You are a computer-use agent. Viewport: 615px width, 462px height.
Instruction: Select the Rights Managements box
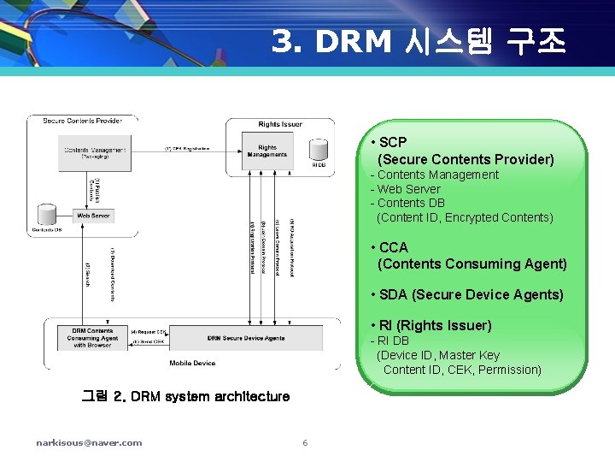pyautogui.click(x=267, y=151)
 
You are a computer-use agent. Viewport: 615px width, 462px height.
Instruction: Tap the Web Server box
pyautogui.click(x=94, y=216)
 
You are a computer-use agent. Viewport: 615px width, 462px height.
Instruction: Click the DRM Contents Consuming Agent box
pyautogui.click(x=92, y=339)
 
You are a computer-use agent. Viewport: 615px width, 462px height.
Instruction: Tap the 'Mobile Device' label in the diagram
pyautogui.click(x=191, y=363)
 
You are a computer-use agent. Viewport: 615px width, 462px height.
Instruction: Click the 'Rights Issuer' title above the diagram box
pyautogui.click(x=280, y=124)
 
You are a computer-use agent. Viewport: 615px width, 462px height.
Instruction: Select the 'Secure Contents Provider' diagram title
pyautogui.click(x=82, y=121)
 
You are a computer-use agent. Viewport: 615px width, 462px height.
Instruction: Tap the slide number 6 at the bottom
pyautogui.click(x=305, y=442)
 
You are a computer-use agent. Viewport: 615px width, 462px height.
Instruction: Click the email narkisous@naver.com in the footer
pyautogui.click(x=89, y=442)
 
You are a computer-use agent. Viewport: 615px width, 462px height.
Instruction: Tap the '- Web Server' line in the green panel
pyautogui.click(x=405, y=189)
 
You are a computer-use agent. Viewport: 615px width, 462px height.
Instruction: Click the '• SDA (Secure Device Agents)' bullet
pyautogui.click(x=466, y=295)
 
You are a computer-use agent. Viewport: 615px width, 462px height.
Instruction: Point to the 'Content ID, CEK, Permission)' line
pyautogui.click(x=462, y=370)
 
